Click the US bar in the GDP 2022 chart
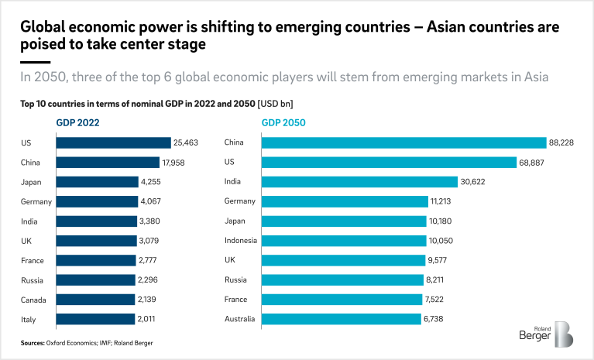click(113, 142)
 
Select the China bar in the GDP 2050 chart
click(404, 142)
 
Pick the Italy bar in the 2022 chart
click(85, 318)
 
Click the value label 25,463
click(187, 142)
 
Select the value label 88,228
click(564, 142)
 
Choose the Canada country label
click(33, 299)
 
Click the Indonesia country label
click(241, 240)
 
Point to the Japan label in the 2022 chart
click(32, 182)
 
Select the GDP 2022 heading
click(77, 122)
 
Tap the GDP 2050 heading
click(284, 122)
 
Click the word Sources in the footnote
click(34, 341)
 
